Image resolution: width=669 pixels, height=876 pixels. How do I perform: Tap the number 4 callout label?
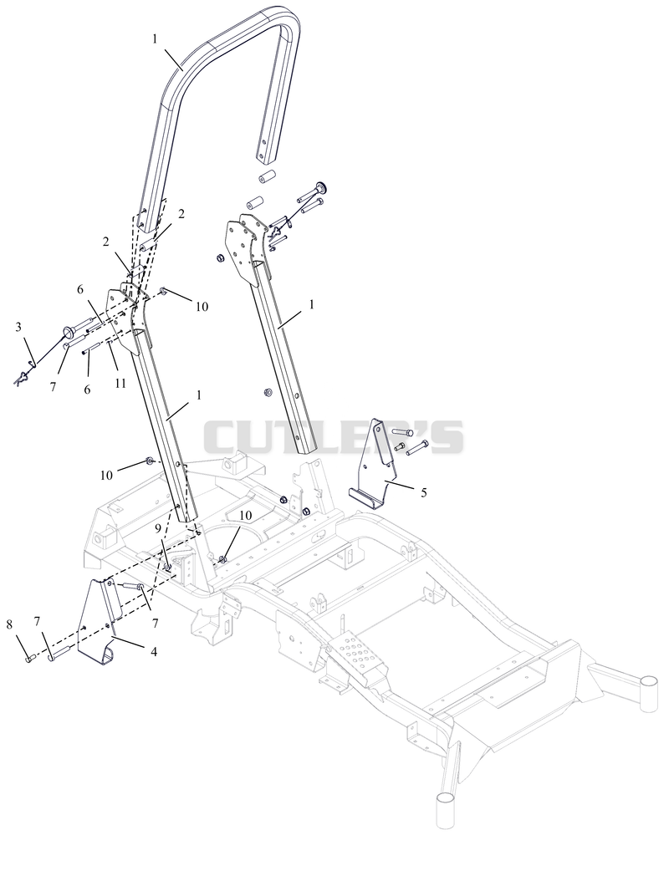pyautogui.click(x=154, y=651)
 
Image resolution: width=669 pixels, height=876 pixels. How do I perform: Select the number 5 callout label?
pyautogui.click(x=424, y=492)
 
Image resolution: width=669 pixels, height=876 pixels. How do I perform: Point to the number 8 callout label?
pyautogui.click(x=9, y=624)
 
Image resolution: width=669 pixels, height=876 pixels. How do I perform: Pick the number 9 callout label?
pyautogui.click(x=158, y=528)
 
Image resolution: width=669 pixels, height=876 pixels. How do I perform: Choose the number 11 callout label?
pyautogui.click(x=121, y=384)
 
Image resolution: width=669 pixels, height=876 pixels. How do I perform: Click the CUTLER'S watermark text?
pyautogui.click(x=333, y=436)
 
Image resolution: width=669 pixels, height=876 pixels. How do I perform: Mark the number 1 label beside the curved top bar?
pyautogui.click(x=154, y=39)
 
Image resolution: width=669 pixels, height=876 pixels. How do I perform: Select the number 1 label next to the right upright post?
pyautogui.click(x=311, y=304)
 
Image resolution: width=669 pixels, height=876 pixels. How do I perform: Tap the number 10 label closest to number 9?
pyautogui.click(x=245, y=515)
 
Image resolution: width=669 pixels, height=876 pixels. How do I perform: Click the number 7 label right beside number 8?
pyautogui.click(x=37, y=620)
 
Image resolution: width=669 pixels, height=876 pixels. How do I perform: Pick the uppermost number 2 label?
pyautogui.click(x=181, y=214)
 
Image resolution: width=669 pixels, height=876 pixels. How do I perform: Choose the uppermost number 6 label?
pyautogui.click(x=80, y=289)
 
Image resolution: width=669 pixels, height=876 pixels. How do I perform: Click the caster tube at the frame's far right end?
pyautogui.click(x=649, y=693)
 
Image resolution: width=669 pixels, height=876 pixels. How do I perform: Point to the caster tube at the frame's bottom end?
pyautogui.click(x=446, y=809)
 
